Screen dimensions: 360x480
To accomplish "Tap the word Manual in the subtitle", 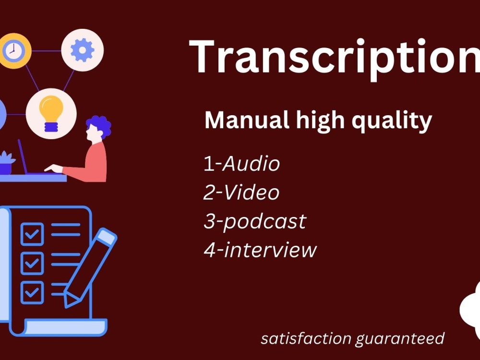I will click(243, 121).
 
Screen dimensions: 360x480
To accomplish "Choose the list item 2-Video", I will click(241, 193).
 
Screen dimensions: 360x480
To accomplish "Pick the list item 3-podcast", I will click(254, 221).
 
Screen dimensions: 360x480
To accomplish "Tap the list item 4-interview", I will click(260, 250).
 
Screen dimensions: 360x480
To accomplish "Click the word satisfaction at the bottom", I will click(305, 338).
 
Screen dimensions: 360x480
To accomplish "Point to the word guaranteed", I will click(399, 339).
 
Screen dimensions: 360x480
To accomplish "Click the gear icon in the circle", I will click(82, 50).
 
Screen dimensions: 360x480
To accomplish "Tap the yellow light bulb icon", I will click(51, 113).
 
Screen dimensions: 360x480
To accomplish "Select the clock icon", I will click(13, 50).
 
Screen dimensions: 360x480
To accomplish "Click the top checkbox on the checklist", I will click(32, 234).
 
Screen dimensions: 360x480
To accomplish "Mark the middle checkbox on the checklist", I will click(32, 262).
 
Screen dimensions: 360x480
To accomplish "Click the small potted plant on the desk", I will click(6, 163).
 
